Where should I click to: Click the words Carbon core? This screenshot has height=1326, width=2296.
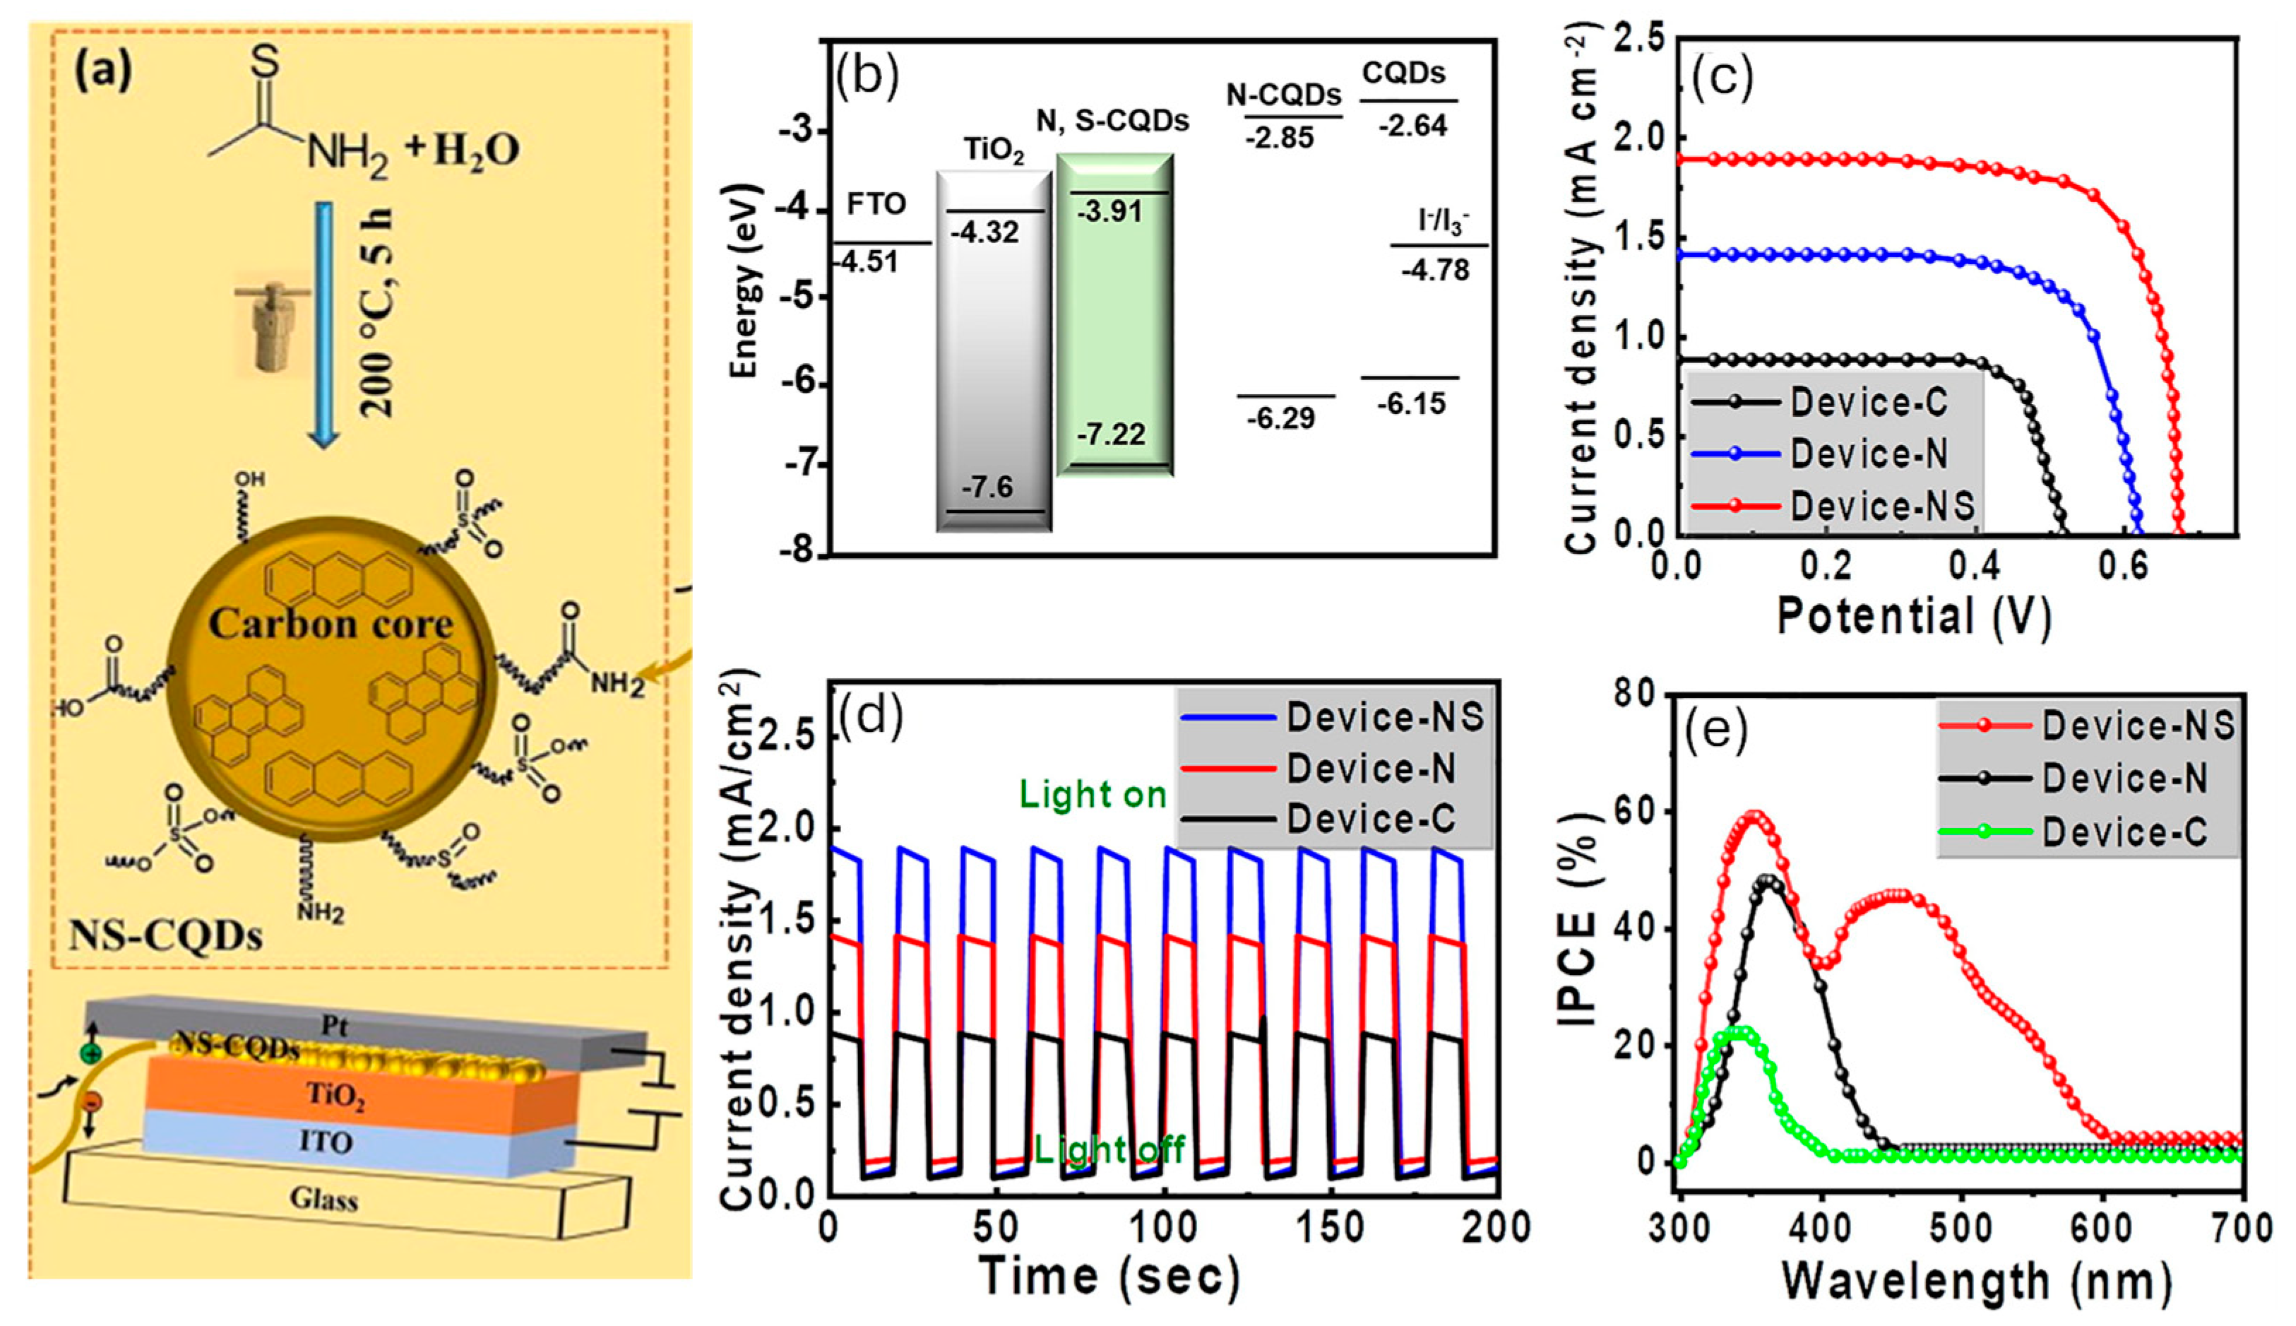331,624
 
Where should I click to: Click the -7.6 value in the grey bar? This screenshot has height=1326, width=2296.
988,488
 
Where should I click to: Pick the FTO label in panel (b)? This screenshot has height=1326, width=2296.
876,205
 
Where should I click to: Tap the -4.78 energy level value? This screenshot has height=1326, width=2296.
1435,271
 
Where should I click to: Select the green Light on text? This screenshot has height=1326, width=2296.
1093,795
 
